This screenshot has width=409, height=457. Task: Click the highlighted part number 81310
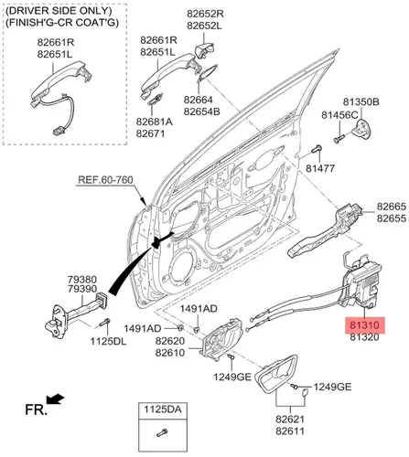point(364,325)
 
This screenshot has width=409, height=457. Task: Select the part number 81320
point(364,337)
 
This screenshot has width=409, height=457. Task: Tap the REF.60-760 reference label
point(105,179)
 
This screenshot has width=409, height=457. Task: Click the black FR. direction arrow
point(55,399)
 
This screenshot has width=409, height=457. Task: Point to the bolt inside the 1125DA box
point(162,432)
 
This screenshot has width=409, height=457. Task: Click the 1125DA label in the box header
point(163,409)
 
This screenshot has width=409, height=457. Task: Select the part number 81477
point(320,168)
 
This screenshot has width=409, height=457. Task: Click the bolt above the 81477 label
point(317,149)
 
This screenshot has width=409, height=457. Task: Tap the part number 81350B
point(361,101)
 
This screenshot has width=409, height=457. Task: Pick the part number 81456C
point(339,115)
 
